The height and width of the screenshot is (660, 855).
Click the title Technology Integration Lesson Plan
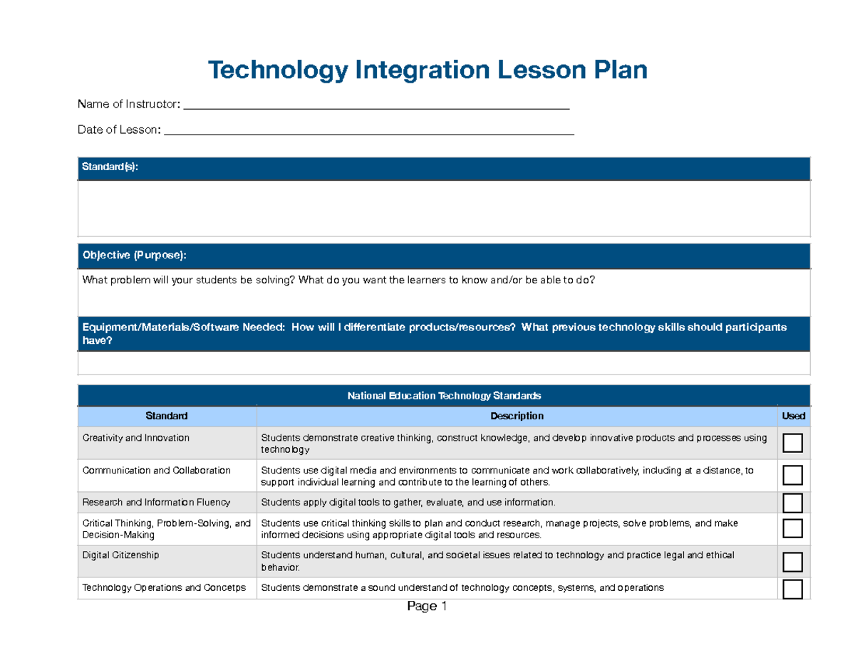(427, 70)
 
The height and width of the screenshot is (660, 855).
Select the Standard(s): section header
(111, 167)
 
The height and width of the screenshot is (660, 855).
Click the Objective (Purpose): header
(135, 255)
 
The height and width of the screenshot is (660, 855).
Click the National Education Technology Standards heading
(443, 395)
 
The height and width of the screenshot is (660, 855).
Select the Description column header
(517, 416)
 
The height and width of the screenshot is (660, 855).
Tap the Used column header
(793, 416)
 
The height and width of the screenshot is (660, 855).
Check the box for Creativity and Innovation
(792, 444)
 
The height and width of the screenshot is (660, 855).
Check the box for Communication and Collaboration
(792, 475)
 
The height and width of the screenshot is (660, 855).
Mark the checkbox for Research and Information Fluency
(792, 503)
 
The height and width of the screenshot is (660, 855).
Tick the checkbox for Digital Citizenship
(792, 562)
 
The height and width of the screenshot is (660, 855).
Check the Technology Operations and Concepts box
(792, 589)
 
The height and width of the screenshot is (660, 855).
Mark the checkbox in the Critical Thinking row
(792, 529)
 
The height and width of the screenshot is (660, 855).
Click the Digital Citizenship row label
(120, 555)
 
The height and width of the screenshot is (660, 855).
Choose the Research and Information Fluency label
(156, 502)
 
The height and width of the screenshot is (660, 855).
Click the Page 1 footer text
(426, 607)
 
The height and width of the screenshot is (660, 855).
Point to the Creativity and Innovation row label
(135, 438)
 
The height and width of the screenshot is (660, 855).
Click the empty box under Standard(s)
(443, 208)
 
